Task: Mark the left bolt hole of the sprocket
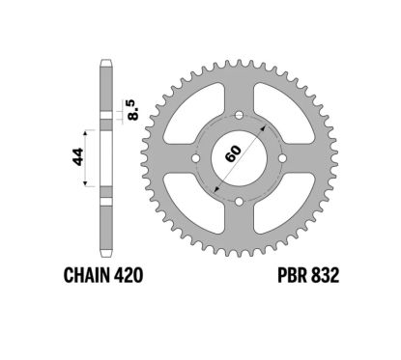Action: coord(196,158)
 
